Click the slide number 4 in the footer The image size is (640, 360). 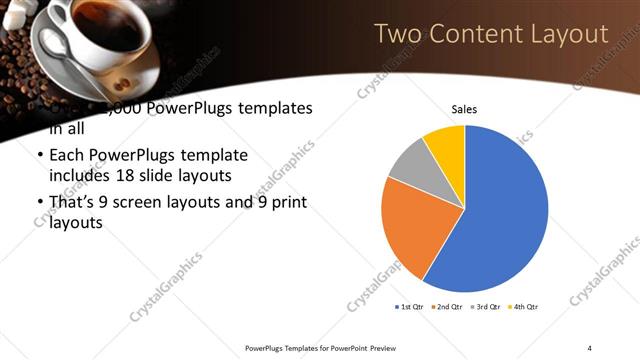pos(590,348)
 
